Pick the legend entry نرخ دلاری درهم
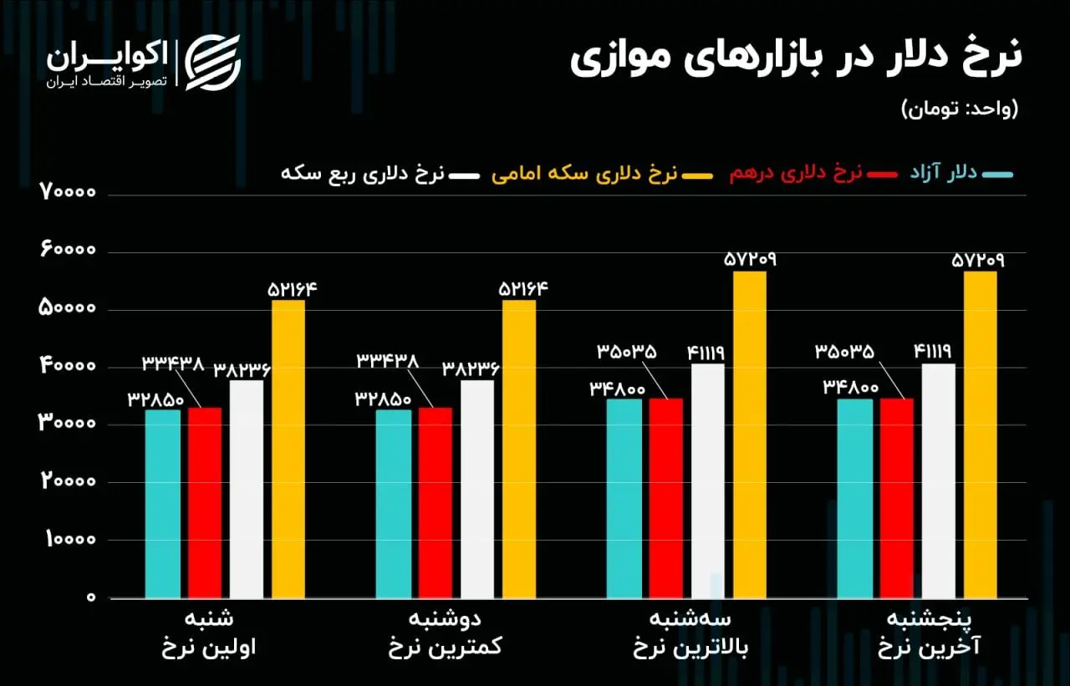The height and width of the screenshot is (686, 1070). pos(806,174)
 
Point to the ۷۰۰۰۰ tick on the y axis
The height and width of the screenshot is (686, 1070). pos(69,194)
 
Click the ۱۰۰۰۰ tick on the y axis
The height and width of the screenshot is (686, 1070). pos(69,540)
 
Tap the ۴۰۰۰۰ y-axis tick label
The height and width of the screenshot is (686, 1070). pos(69,367)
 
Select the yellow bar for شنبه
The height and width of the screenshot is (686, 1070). pos(288,450)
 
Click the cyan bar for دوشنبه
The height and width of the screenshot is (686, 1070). pos(393,504)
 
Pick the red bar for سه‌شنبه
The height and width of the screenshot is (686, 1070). pos(666,498)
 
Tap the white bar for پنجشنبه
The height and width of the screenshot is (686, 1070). pos(939,481)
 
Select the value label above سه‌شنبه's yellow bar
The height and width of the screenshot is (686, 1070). pos(749,260)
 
